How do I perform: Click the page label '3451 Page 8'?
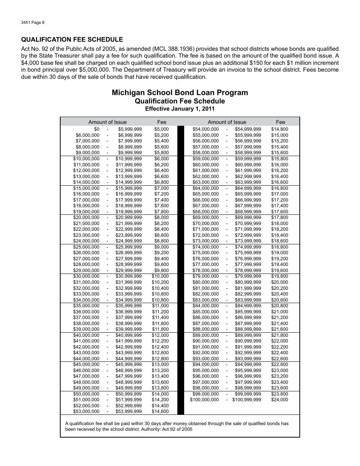tap(33, 22)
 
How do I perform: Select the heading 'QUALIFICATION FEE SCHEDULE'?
tap(72, 39)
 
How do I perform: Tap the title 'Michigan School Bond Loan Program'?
tap(180, 93)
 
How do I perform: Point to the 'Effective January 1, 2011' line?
tap(180, 109)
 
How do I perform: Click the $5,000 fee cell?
tap(161, 129)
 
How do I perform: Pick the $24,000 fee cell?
tap(280, 400)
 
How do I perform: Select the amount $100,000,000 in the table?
tap(204, 400)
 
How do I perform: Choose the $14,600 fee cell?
tap(160, 411)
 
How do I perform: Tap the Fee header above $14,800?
tap(280, 122)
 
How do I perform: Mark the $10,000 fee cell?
tap(160, 276)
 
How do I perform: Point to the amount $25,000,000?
tap(86, 247)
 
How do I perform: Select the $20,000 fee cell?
tap(280, 282)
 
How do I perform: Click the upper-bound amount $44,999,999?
tap(129, 359)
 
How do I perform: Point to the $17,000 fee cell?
tap(280, 194)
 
